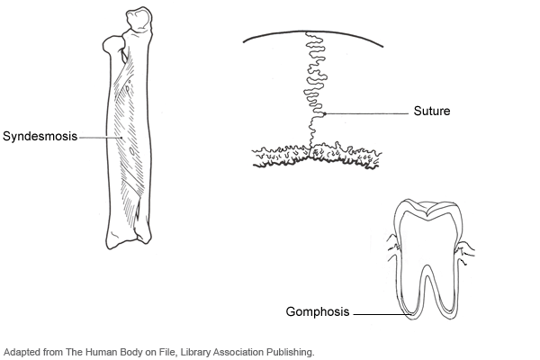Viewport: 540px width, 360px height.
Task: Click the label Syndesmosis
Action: click(40, 137)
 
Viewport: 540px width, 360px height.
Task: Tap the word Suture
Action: click(432, 112)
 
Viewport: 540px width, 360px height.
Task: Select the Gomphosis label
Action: click(317, 314)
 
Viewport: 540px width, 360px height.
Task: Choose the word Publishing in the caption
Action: click(290, 352)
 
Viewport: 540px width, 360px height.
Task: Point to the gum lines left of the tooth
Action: click(391, 245)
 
